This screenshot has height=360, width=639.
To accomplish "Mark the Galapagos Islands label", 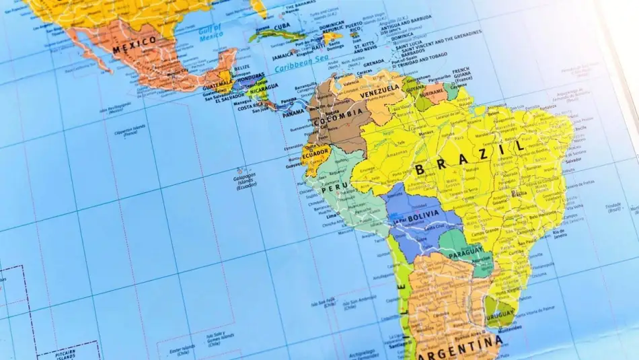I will click(246, 180).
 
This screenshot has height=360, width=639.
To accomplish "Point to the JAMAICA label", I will click(283, 58).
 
